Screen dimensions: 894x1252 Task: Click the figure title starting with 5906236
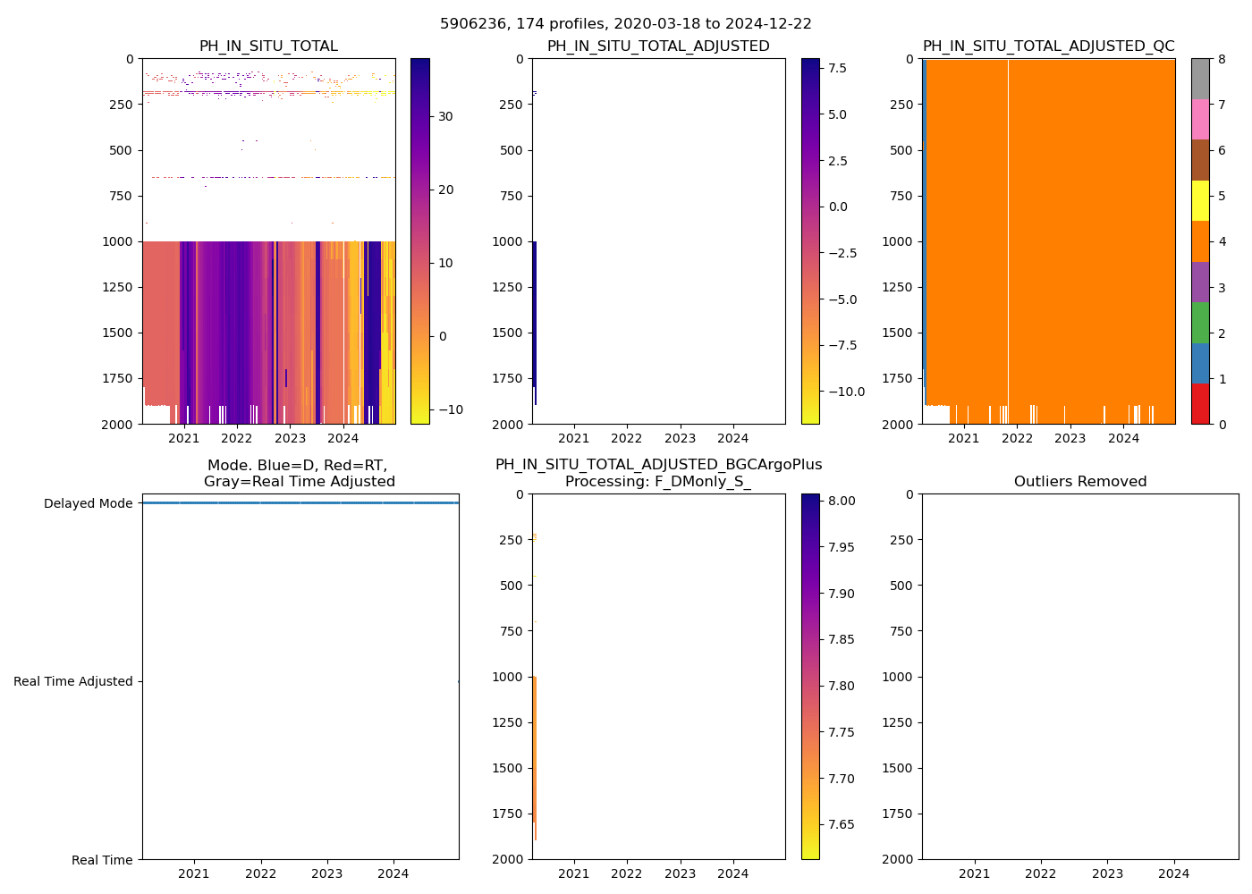coord(625,24)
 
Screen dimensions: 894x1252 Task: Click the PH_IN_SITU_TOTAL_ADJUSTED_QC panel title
coord(1048,46)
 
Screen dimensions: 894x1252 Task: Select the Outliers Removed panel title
coord(1079,482)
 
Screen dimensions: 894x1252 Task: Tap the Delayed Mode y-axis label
coord(88,503)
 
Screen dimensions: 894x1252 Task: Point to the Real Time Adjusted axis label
coord(73,681)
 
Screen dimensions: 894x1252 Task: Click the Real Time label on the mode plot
coord(102,860)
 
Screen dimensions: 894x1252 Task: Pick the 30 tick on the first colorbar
coord(445,116)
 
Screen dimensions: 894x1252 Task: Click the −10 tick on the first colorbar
coord(449,409)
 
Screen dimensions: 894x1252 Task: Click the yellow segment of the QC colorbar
coord(1200,200)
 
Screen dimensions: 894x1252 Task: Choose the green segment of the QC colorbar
coord(1200,323)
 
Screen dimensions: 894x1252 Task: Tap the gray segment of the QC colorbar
coord(1200,79)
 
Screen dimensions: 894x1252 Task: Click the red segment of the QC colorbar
coord(1200,403)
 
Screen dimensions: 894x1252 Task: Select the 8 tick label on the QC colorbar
coord(1221,59)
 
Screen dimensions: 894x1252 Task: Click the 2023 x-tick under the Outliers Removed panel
coord(1107,873)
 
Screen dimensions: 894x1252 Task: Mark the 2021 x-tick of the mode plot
coord(194,873)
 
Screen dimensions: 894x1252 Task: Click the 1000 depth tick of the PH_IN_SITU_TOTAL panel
coord(122,241)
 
